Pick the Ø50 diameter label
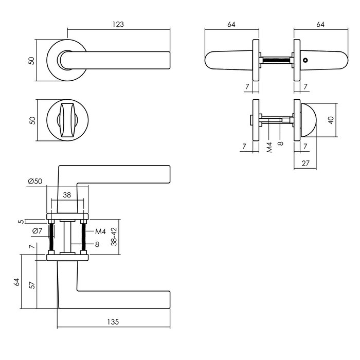pos(35,181)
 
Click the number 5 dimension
pos(21,222)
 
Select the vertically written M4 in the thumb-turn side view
pos(269,148)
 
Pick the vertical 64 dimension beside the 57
pos(17,282)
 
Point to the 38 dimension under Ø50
pos(66,195)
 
